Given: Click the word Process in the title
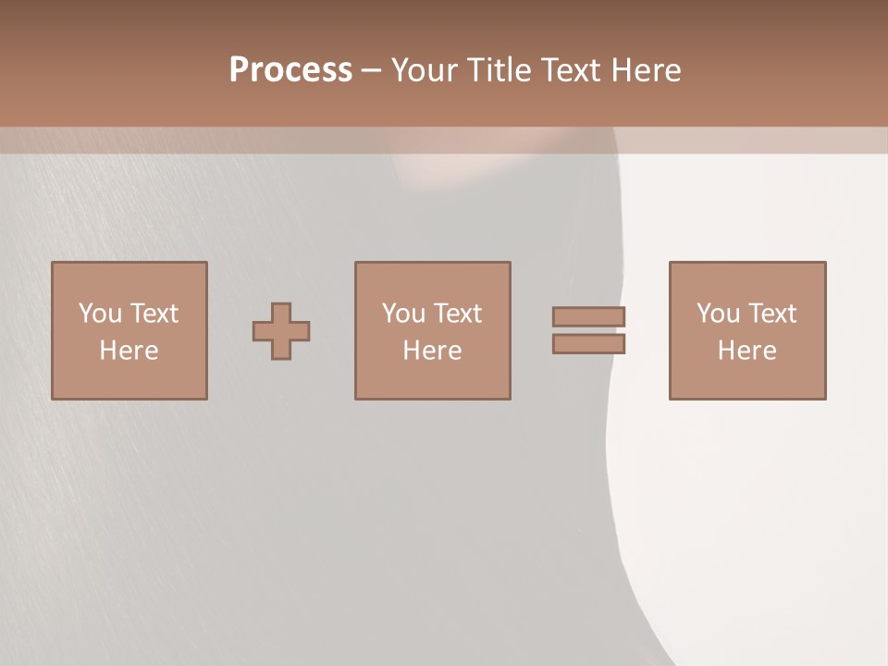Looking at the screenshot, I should pyautogui.click(x=290, y=70).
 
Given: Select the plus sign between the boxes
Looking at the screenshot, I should pyautogui.click(x=281, y=330).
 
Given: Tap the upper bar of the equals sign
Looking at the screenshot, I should pyautogui.click(x=589, y=316).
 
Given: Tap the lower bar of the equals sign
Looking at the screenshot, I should pyautogui.click(x=589, y=344).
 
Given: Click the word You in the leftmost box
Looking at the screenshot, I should pyautogui.click(x=100, y=314).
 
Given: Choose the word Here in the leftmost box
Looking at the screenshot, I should pyautogui.click(x=129, y=351).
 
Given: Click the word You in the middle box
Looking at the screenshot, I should pyautogui.click(x=403, y=314).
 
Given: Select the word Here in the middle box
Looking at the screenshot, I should pyautogui.click(x=433, y=351).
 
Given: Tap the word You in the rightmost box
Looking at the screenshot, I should pyautogui.click(x=718, y=314).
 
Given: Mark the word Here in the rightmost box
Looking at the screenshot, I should pyautogui.click(x=747, y=351).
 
